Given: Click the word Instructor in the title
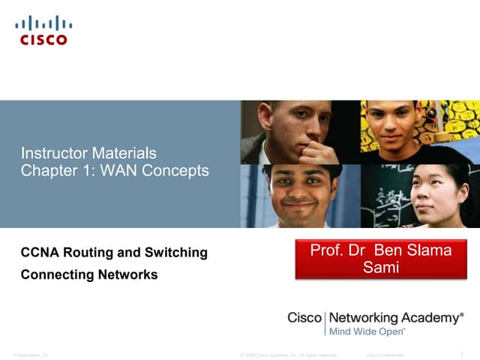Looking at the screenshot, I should tap(51, 154).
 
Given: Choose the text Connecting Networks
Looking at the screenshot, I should tap(89, 274).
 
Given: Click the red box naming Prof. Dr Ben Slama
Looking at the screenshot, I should tap(380, 259).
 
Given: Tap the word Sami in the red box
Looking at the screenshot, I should tap(380, 268).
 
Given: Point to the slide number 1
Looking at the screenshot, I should tap(460, 354).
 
